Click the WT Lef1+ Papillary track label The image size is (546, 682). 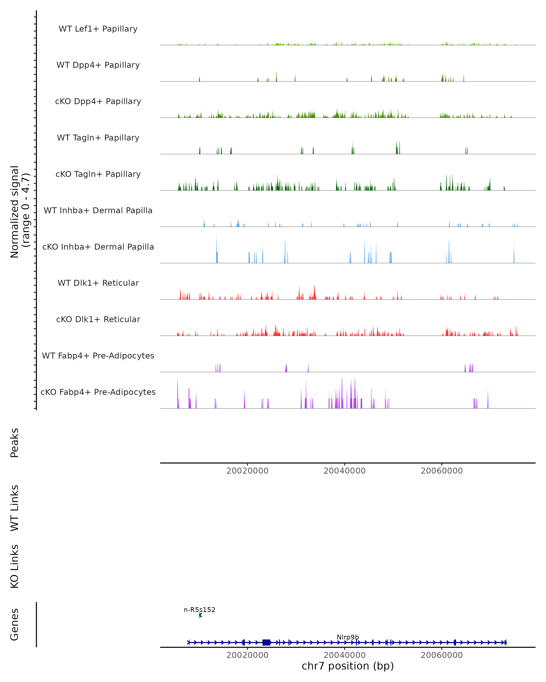[x=98, y=29]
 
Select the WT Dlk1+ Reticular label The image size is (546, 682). [x=98, y=283]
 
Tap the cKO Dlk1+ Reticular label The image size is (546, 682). [x=98, y=319]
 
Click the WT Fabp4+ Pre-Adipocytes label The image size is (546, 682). [x=98, y=356]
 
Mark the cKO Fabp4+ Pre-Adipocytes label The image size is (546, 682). [x=98, y=392]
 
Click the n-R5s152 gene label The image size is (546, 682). [x=200, y=609]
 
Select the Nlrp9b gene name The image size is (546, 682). [x=348, y=637]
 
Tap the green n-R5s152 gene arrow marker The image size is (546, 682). [x=200, y=615]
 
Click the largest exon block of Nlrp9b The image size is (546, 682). [x=266, y=642]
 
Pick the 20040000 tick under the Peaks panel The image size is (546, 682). [x=344, y=471]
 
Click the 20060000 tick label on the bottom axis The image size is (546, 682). [x=442, y=655]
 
